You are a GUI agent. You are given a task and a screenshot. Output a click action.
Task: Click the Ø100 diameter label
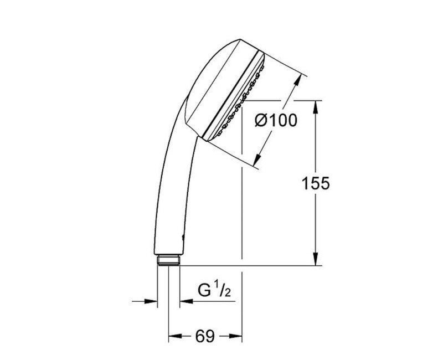[275, 120]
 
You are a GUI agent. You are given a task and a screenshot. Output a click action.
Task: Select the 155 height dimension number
[316, 183]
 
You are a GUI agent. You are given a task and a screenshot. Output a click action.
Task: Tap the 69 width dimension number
[205, 336]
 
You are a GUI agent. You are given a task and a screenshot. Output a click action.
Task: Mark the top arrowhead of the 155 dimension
[315, 106]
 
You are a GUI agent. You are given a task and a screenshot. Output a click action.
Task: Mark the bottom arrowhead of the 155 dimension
[315, 260]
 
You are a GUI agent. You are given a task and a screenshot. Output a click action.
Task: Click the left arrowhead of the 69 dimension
[173, 336]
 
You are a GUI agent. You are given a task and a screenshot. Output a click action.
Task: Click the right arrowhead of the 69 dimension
[238, 336]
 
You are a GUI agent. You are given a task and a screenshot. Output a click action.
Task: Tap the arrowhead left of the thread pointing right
[152, 302]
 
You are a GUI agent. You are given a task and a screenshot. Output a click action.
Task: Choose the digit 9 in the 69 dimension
[210, 336]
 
